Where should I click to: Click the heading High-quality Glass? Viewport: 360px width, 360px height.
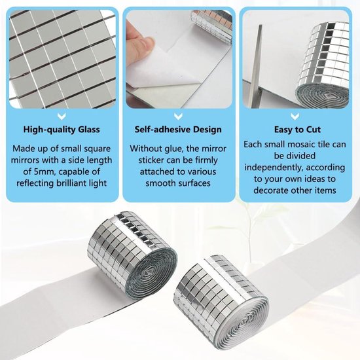pyautogui.click(x=62, y=130)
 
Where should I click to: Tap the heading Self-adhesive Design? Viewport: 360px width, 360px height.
pyautogui.click(x=178, y=130)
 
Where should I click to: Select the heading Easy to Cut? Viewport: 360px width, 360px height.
pyautogui.click(x=297, y=130)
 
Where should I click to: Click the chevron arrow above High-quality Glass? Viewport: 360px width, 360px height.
pyautogui.click(x=62, y=117)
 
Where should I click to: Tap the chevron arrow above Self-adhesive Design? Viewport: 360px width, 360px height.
pyautogui.click(x=178, y=117)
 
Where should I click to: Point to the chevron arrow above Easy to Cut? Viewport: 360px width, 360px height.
pyautogui.click(x=295, y=117)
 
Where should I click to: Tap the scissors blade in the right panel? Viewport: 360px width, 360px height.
pyautogui.click(x=257, y=67)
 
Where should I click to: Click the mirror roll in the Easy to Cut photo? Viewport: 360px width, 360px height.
pyautogui.click(x=321, y=64)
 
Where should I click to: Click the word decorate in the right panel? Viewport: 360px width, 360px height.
pyautogui.click(x=271, y=190)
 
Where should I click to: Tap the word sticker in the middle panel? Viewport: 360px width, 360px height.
pyautogui.click(x=151, y=160)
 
